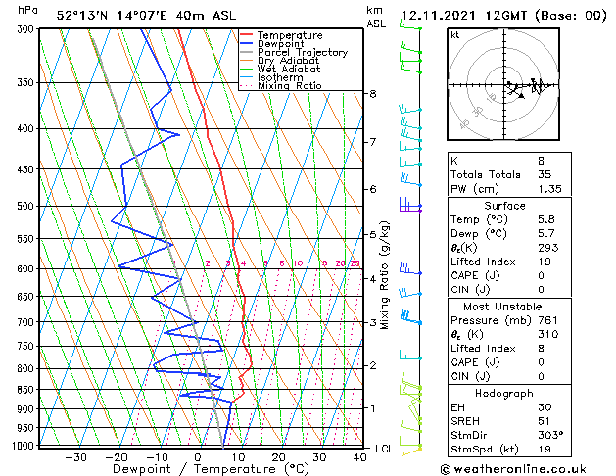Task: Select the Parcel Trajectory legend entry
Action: [302, 53]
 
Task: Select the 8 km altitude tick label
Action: [373, 94]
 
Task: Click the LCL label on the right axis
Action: [386, 449]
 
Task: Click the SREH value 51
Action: [545, 420]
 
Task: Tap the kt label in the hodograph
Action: [455, 34]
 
